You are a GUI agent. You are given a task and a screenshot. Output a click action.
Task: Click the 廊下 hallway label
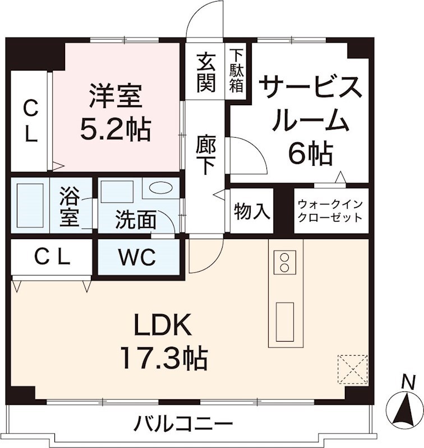(206, 156)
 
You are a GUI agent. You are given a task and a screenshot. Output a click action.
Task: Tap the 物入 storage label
(251, 212)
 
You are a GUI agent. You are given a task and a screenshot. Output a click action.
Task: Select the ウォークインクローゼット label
(331, 211)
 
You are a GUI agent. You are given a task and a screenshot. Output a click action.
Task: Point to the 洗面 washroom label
(136, 220)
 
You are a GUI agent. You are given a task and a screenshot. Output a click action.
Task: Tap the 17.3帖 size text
(163, 357)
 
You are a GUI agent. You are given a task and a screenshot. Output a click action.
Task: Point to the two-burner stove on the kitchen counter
(284, 262)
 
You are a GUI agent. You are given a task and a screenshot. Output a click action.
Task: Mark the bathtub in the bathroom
(30, 204)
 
